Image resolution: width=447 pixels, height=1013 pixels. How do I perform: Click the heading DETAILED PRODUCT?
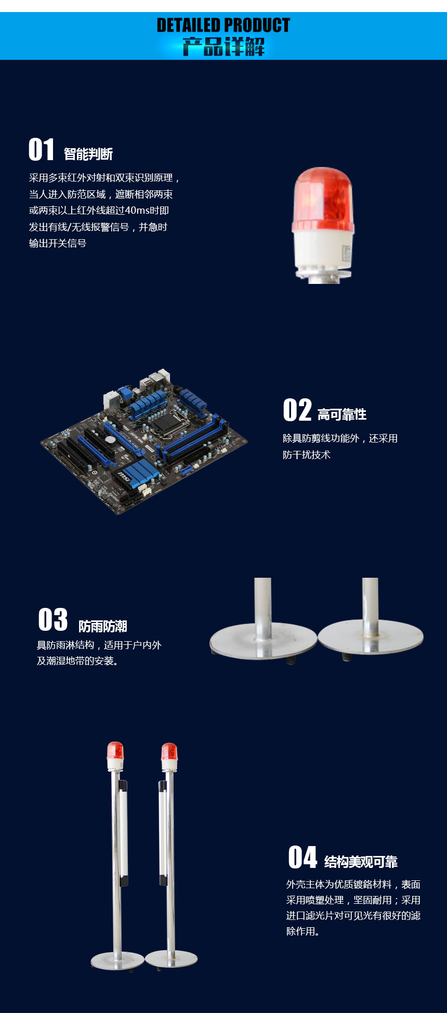coord(223,25)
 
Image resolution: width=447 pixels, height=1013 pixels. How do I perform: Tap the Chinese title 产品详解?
coord(223,47)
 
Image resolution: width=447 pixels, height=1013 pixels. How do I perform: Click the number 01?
coord(41,150)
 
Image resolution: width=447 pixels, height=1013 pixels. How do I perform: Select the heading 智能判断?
coord(88,154)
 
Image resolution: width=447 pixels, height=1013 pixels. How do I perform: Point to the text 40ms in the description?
coord(137,211)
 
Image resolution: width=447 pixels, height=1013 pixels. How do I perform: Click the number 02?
coord(297,410)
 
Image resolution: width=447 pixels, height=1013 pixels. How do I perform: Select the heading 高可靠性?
coord(342,414)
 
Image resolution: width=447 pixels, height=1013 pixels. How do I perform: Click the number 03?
coord(53,620)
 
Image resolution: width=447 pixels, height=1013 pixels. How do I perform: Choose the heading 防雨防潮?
coord(103,626)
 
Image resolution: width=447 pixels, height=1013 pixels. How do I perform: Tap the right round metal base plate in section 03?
coord(371,636)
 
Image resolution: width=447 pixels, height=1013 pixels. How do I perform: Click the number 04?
coord(303,858)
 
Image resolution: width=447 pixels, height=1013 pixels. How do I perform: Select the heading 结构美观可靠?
coord(361,862)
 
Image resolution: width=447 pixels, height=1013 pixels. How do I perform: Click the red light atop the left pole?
coord(115,751)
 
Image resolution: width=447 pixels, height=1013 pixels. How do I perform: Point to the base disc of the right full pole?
coord(171,958)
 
